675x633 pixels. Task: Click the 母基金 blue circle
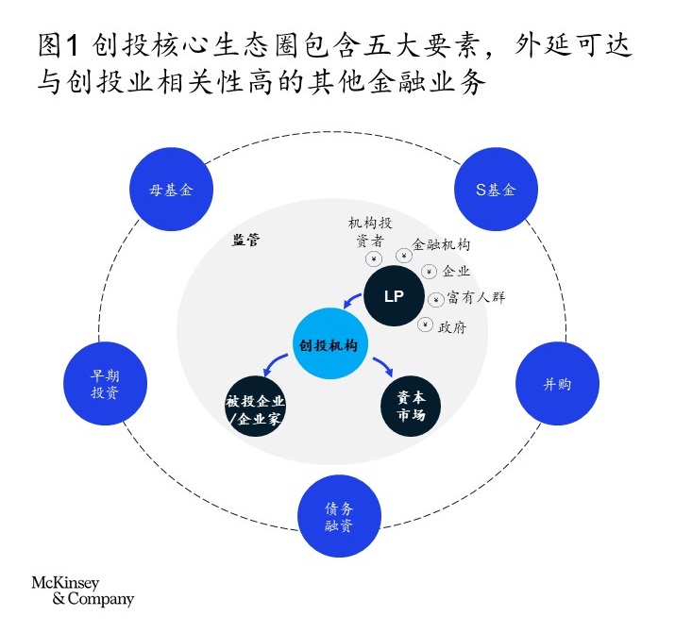[x=171, y=189]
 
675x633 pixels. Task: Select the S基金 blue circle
[x=496, y=189]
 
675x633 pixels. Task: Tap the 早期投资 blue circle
[x=105, y=384]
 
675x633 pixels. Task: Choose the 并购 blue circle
[x=558, y=384]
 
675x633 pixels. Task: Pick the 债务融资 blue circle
[x=339, y=516]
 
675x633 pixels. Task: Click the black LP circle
[x=394, y=296]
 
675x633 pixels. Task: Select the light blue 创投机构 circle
[x=330, y=344]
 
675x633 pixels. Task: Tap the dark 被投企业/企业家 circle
[x=255, y=407]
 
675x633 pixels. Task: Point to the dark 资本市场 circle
[x=411, y=407]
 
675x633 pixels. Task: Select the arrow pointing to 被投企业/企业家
[x=274, y=363]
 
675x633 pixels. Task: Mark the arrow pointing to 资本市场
[x=384, y=365]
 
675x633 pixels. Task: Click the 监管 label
[x=246, y=240]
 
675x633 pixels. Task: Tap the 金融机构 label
[x=441, y=244]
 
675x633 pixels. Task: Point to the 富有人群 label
[x=476, y=297]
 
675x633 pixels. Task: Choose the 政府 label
[x=452, y=327]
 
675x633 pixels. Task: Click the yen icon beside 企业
[x=429, y=272]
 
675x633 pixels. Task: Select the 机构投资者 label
[x=370, y=231]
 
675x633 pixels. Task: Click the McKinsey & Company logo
[x=83, y=591]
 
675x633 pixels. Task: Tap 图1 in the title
[x=59, y=44]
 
